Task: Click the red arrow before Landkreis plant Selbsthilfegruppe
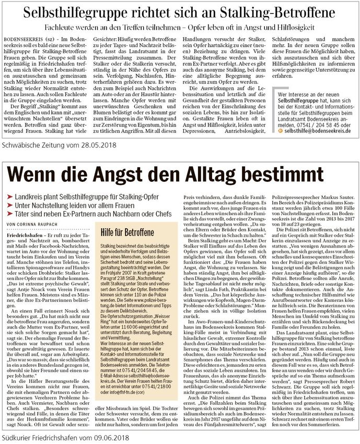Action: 11,194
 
